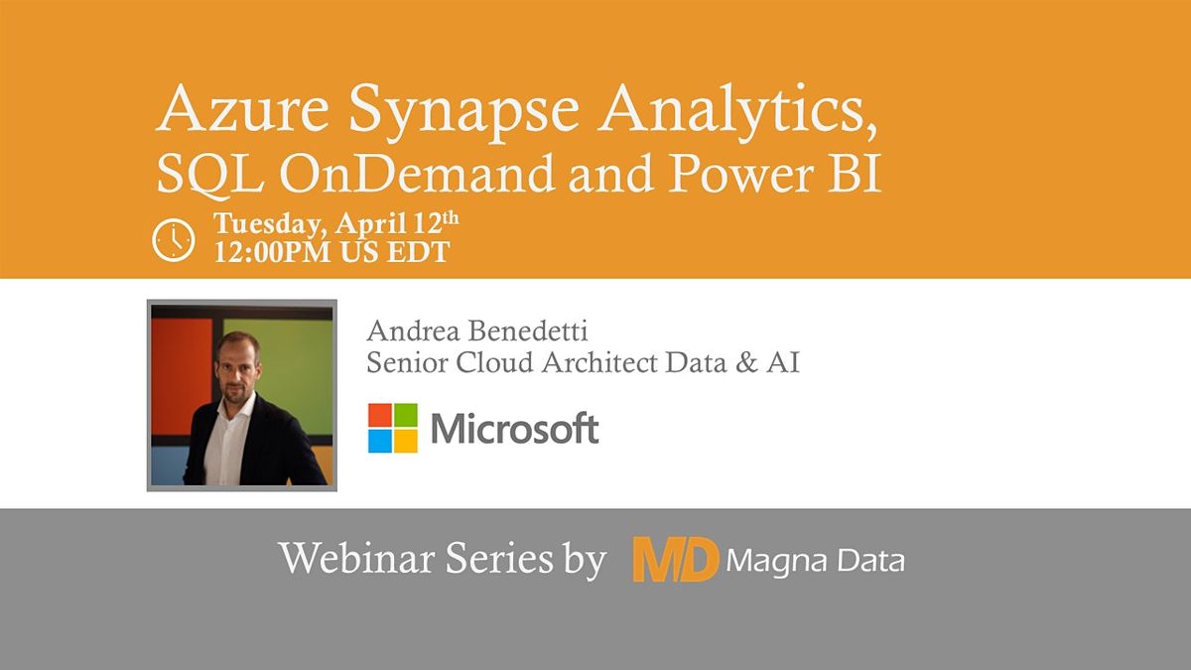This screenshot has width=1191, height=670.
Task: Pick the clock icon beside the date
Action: (173, 240)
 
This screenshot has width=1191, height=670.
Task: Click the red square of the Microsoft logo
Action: (380, 415)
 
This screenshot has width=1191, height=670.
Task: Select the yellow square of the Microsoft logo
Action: (406, 441)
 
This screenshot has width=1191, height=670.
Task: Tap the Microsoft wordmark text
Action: (514, 429)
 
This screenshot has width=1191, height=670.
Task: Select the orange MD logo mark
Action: (675, 560)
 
